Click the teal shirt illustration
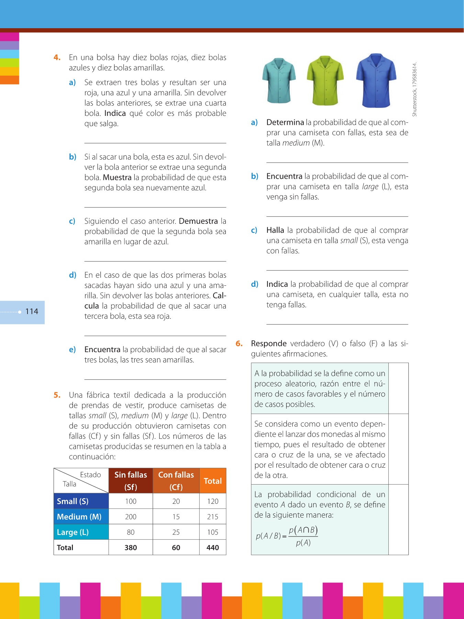point(279,81)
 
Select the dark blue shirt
point(376,80)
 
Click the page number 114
point(32,312)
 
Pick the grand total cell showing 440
point(213,547)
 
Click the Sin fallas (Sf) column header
point(131,480)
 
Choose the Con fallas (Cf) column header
point(176,480)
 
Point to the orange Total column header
point(213,481)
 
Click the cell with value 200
point(131,517)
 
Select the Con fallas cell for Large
point(176,532)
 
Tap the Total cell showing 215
point(213,517)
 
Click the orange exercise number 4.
point(57,57)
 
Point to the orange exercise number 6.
point(239,344)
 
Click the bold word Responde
point(269,344)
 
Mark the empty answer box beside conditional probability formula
point(398,519)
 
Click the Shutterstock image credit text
point(415,89)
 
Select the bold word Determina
point(285,122)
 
